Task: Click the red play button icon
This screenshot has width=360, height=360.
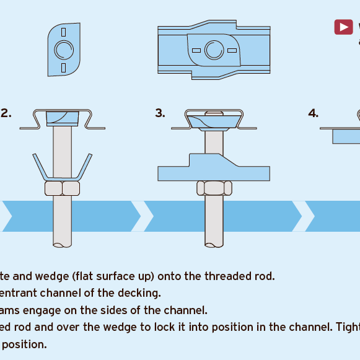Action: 343,27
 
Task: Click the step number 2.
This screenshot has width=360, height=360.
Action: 6,113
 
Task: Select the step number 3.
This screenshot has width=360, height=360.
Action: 160,113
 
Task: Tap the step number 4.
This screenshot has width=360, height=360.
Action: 314,113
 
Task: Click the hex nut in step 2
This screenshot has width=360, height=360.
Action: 62,188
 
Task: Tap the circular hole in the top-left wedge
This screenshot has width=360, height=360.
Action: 63,49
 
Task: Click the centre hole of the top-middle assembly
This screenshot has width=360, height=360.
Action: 214,49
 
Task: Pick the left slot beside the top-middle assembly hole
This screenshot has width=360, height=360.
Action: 196,50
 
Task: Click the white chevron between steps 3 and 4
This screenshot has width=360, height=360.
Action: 298,216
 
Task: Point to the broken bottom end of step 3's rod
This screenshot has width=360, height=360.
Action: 214,244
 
